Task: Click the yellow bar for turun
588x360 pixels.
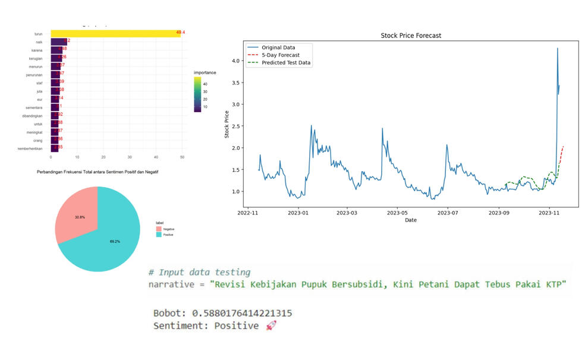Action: pos(113,33)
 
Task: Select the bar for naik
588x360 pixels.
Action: pos(58,42)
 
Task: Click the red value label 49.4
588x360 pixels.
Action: pos(181,32)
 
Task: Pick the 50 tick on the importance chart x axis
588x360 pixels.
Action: pos(183,157)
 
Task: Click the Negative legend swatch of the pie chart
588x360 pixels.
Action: pos(158,228)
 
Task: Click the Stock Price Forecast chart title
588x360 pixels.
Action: pos(411,36)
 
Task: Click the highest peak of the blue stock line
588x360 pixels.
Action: pos(558,49)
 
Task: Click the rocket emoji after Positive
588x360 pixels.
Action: pos(271,326)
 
